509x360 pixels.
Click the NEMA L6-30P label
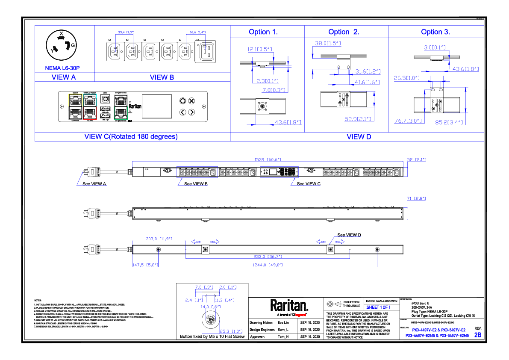coord(62,68)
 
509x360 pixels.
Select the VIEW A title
coord(64,77)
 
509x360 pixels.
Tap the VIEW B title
coord(162,77)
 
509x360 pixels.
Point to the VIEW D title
coord(359,137)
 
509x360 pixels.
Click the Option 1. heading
coord(263,32)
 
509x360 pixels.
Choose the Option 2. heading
coord(344,32)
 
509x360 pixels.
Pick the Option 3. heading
coord(435,32)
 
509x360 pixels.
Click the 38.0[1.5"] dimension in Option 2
coord(328,44)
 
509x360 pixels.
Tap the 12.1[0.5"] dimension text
coord(260,50)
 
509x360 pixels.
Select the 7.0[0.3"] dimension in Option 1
coord(275,90)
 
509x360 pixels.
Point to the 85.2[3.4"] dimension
coord(449,122)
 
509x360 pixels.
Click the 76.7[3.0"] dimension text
coord(408,121)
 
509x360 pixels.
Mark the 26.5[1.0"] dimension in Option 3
coord(407,78)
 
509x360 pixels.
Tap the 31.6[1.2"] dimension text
coord(368,71)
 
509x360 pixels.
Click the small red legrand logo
coord(300,315)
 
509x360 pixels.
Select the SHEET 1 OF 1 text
coord(378,307)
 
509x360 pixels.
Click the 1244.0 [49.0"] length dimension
coord(268,265)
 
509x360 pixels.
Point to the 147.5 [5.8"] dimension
coord(145,265)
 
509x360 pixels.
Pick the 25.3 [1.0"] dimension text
coord(231,331)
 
